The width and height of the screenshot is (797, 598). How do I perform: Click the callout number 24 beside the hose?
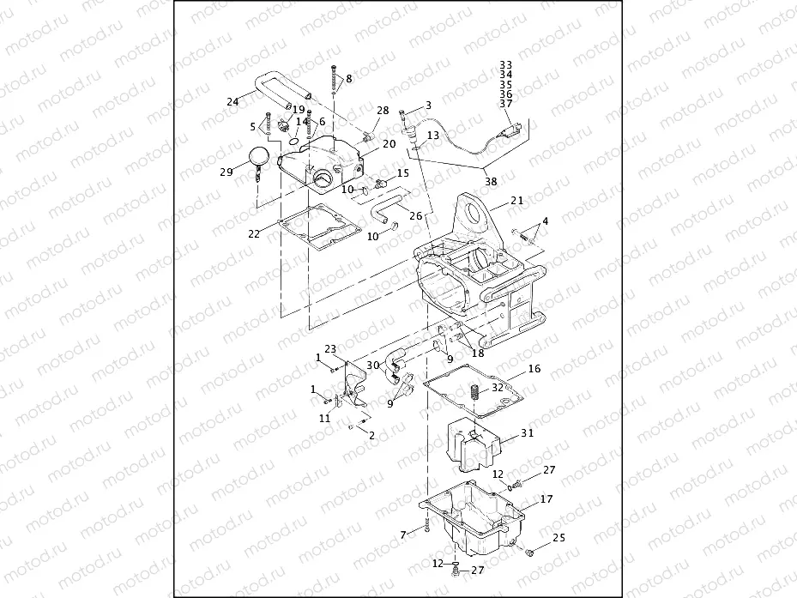pos(232,102)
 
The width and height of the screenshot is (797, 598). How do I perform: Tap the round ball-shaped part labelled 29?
pos(261,157)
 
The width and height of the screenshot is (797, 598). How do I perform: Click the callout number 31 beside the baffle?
pos(527,433)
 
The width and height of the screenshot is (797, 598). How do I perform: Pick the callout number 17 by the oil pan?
pos(546,498)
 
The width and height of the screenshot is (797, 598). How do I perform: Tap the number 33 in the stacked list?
pos(505,64)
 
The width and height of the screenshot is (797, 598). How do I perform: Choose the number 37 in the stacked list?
pos(505,104)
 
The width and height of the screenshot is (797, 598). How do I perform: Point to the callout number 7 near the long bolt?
pos(403,535)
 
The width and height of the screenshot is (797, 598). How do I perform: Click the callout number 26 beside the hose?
pos(416,214)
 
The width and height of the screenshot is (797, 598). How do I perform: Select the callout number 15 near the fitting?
pos(403,173)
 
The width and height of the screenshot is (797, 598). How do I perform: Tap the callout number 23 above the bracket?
pos(330,348)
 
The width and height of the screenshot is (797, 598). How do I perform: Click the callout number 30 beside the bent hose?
pos(373,365)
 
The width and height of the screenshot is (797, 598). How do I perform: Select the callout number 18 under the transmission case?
pos(478,353)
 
